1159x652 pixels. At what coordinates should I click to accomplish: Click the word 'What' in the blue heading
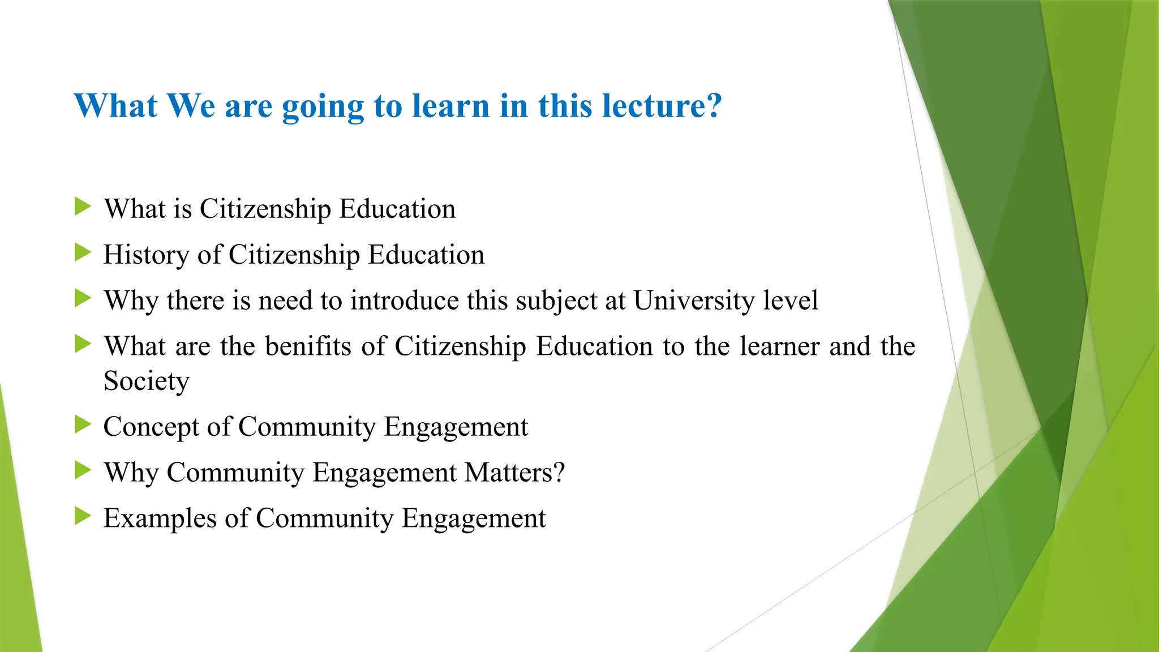pos(115,106)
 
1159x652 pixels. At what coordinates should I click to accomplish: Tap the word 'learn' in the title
pos(450,106)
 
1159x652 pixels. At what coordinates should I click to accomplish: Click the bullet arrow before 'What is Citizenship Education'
pos(83,207)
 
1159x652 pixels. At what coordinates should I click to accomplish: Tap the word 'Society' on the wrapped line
pos(146,381)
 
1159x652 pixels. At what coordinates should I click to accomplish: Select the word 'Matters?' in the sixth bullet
pos(514,472)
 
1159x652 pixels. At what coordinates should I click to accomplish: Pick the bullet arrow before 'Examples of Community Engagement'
pos(83,516)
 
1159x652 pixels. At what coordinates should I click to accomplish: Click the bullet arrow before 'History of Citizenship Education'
pos(83,252)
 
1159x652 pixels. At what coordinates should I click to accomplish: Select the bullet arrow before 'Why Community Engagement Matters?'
pos(83,470)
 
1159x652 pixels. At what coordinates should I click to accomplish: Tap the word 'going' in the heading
pos(323,106)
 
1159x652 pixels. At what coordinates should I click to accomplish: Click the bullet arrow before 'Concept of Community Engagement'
pos(83,424)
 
